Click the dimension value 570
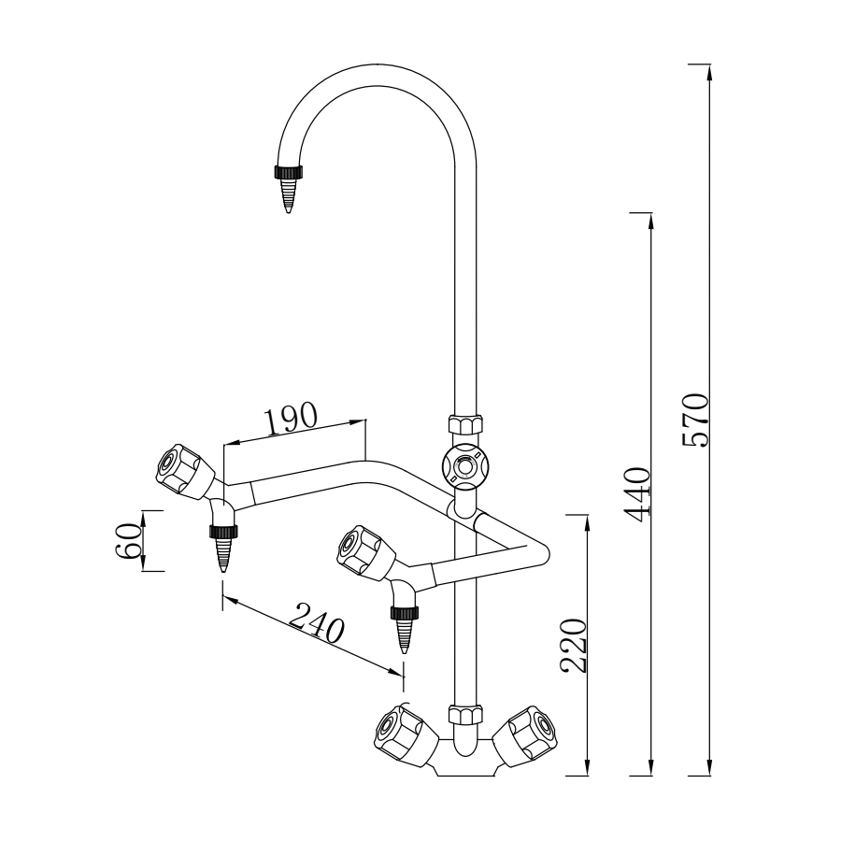pyautogui.click(x=697, y=420)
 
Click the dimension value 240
pyautogui.click(x=317, y=623)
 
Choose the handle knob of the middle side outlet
pyautogui.click(x=361, y=550)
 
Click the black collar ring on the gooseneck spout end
pyautogui.click(x=289, y=172)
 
